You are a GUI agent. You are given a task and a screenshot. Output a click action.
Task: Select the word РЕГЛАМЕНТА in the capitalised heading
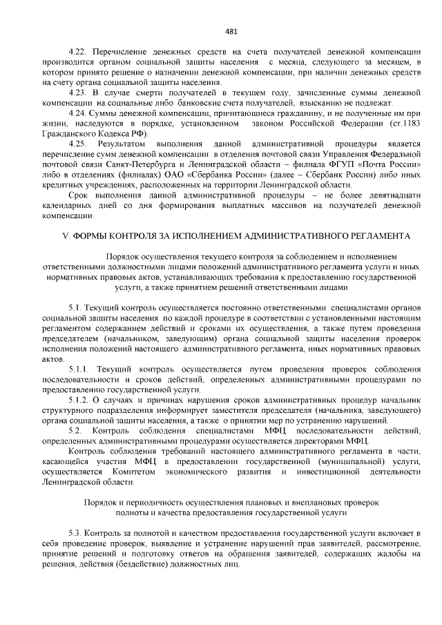[379, 235]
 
